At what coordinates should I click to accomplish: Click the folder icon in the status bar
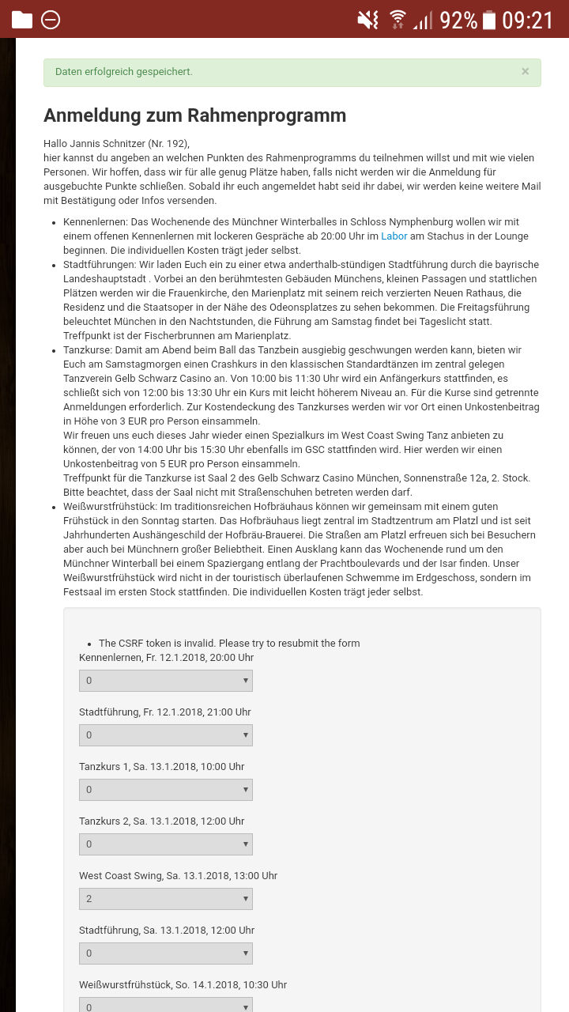(22, 20)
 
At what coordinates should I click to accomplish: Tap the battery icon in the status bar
(489, 20)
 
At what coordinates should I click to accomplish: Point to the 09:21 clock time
(528, 20)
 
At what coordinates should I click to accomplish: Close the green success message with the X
(525, 71)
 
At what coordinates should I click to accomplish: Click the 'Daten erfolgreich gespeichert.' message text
(124, 72)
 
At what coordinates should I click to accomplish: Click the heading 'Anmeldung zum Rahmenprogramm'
(194, 115)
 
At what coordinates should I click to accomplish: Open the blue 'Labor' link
(394, 236)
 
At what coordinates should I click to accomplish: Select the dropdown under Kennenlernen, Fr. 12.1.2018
(166, 681)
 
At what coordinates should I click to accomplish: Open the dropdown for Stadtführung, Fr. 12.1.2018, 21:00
(166, 735)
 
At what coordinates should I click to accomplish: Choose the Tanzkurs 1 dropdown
(166, 790)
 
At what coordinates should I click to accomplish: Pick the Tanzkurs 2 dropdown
(166, 844)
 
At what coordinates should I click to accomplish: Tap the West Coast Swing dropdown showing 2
(166, 899)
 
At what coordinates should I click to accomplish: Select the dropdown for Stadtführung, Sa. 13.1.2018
(166, 953)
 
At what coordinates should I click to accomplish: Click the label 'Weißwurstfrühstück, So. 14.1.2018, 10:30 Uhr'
(183, 985)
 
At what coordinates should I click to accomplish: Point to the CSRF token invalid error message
(229, 643)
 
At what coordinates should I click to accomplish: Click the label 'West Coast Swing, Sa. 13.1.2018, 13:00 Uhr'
(178, 876)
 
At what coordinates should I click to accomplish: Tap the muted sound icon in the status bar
(367, 20)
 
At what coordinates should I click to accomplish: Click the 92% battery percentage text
(458, 20)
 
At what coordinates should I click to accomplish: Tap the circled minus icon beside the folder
(51, 20)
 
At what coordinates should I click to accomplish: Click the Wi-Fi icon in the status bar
(398, 20)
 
